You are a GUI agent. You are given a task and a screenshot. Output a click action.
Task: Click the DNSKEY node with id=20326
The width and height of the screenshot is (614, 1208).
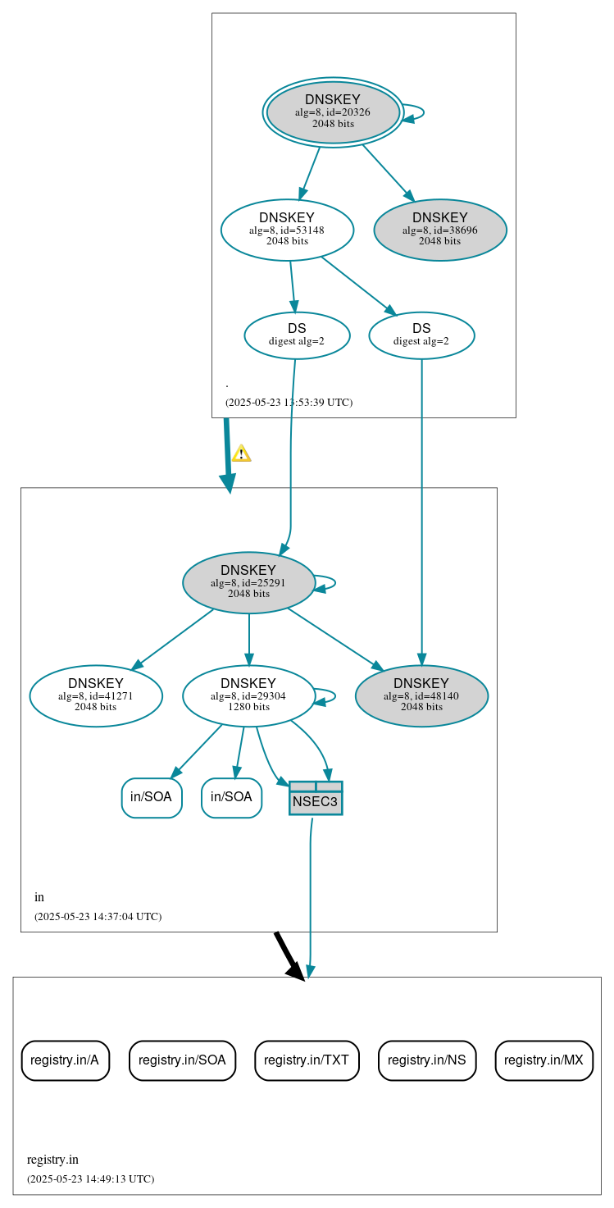[x=332, y=112]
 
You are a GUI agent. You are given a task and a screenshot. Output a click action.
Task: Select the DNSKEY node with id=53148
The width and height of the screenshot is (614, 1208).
[x=287, y=230]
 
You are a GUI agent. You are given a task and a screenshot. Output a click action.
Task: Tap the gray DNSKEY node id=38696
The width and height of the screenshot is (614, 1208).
[x=439, y=230]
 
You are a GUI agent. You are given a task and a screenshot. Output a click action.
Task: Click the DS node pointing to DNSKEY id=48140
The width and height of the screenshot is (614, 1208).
[x=421, y=335]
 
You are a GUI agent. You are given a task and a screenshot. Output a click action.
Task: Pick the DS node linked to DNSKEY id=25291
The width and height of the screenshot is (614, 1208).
[x=297, y=335]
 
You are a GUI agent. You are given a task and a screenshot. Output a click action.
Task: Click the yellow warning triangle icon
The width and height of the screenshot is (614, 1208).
[x=241, y=454]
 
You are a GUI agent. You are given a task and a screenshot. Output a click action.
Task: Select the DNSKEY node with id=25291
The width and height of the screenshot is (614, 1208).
[x=248, y=582]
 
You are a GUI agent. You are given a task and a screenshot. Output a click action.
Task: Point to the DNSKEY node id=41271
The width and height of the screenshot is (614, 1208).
[x=96, y=695]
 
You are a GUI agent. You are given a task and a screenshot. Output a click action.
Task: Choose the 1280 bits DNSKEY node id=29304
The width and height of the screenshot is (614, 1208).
[x=248, y=695]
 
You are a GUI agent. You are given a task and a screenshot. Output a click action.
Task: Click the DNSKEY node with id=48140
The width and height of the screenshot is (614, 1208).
[x=421, y=695]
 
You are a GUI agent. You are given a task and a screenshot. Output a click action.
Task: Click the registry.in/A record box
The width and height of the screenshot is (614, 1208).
[x=65, y=1060]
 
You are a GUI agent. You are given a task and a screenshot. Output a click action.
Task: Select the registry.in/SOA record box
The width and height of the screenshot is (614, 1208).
[x=182, y=1060]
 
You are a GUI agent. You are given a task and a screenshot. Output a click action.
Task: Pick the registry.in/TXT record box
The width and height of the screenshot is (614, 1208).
[x=307, y=1060]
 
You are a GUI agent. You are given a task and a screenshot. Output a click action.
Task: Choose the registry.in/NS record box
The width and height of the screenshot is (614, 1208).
[x=426, y=1060]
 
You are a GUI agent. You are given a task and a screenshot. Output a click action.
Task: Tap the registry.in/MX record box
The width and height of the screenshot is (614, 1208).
[x=544, y=1060]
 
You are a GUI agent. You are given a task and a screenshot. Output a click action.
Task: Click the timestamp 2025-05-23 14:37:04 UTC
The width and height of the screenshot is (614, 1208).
[x=98, y=917]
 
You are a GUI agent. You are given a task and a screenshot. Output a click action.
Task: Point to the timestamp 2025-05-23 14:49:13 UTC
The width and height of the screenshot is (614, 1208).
[x=90, y=1179]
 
